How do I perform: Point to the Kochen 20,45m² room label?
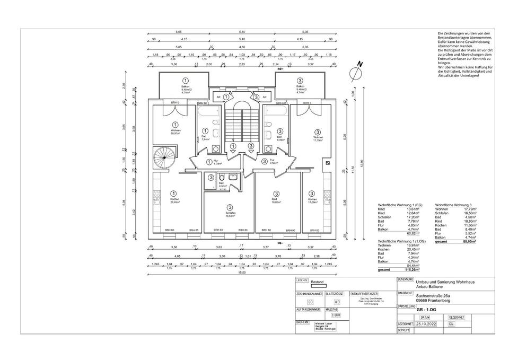point(175,200)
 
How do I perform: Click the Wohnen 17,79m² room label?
point(318,139)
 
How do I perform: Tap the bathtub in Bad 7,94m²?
point(209,113)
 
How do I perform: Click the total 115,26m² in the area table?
point(411,270)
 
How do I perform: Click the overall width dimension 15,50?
point(241,273)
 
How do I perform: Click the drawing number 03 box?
point(303,301)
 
